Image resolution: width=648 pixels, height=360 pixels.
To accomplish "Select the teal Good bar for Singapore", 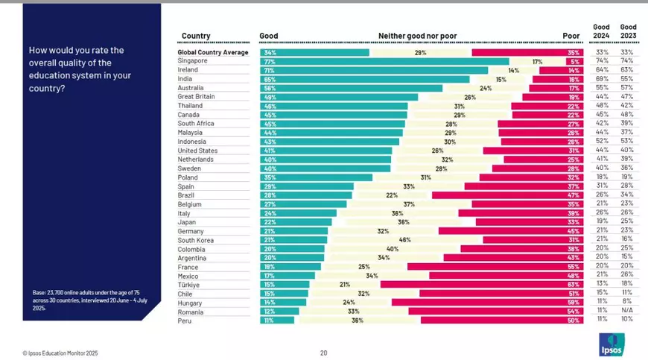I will click(x=384, y=62).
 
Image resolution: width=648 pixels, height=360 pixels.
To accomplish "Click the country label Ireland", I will click(x=188, y=71).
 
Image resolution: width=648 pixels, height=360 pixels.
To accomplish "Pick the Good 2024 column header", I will click(x=601, y=31).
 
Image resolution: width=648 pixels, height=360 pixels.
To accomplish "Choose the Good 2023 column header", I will click(x=628, y=31).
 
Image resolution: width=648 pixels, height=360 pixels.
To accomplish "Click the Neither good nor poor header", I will click(x=421, y=36).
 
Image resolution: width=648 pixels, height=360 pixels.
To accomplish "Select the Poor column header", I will click(x=571, y=36).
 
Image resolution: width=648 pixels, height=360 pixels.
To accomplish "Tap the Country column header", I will click(x=195, y=36).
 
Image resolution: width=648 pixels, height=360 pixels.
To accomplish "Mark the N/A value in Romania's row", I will click(x=628, y=311).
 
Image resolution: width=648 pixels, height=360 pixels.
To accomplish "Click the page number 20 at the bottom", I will click(x=323, y=353).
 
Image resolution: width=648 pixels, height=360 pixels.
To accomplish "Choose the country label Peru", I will click(x=184, y=320).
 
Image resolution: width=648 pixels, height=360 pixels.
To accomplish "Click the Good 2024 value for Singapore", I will click(x=601, y=62).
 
